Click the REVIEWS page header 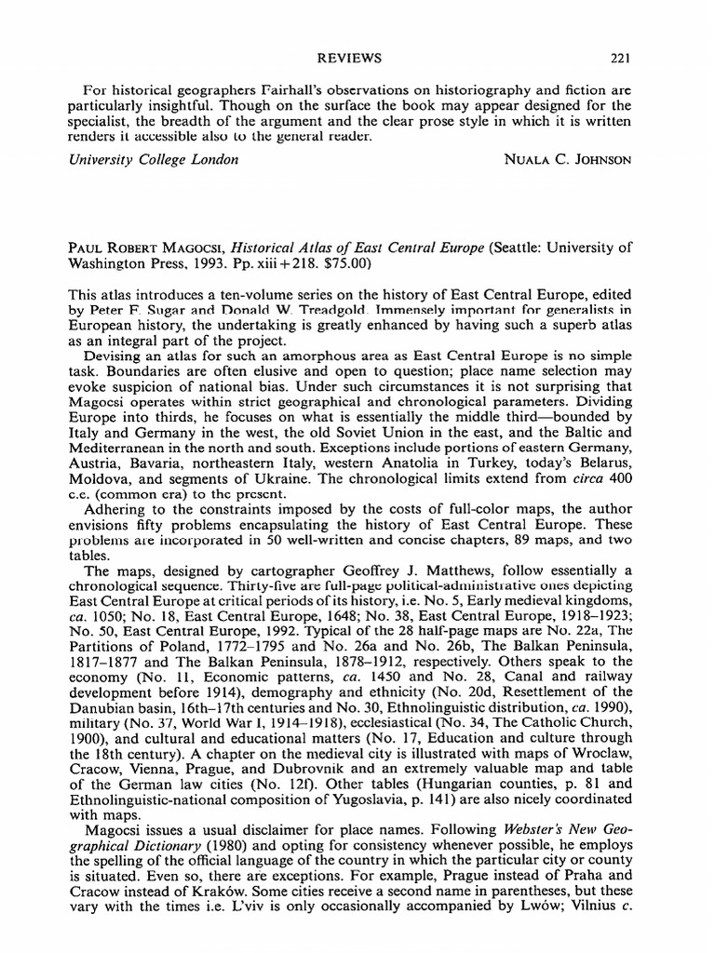click(x=351, y=59)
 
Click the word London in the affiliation click(x=212, y=159)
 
